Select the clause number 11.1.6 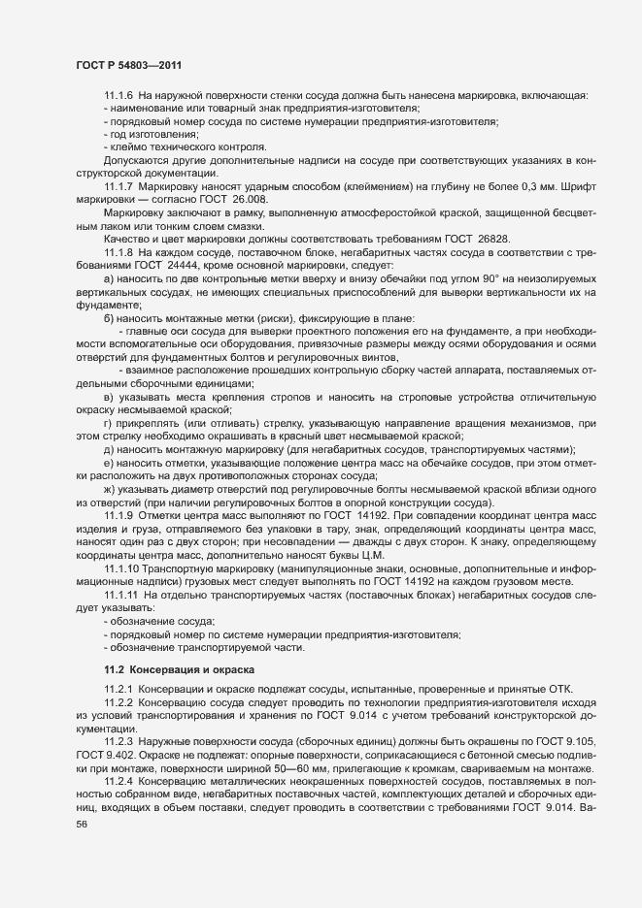[x=118, y=95]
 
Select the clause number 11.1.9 [x=118, y=515]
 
